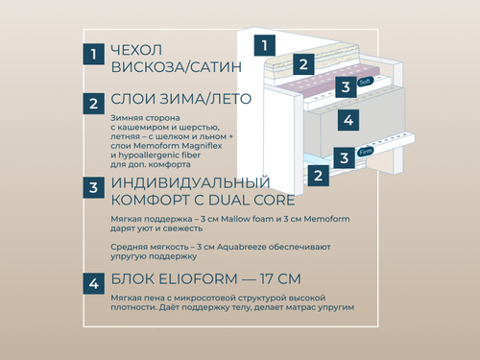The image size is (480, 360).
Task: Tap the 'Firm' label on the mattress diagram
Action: [365, 152]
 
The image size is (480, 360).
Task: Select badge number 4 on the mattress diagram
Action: [349, 120]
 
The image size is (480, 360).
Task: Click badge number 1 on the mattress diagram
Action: [267, 44]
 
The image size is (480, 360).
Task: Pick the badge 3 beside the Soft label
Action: [344, 86]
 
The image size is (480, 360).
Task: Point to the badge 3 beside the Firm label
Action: [343, 156]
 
